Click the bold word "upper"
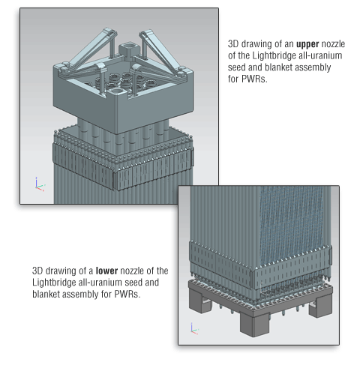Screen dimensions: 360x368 click(x=307, y=44)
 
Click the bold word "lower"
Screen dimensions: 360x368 click(x=106, y=271)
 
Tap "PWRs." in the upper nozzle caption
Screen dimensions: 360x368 click(x=254, y=79)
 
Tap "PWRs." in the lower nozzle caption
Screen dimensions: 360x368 click(x=127, y=294)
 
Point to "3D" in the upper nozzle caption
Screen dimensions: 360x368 click(x=233, y=44)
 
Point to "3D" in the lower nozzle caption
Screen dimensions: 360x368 click(x=37, y=271)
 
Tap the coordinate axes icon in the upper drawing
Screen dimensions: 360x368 click(x=40, y=184)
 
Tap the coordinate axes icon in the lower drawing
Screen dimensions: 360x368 click(x=194, y=328)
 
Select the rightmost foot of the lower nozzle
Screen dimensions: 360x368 click(x=321, y=306)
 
